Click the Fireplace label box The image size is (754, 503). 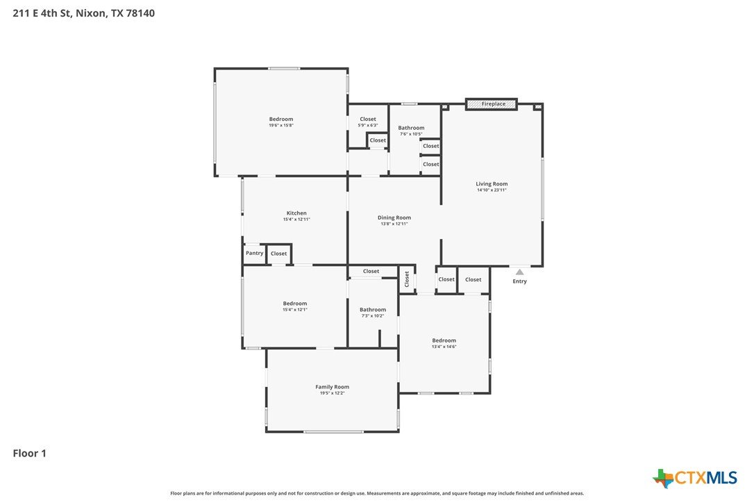(492, 104)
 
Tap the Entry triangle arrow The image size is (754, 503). (520, 272)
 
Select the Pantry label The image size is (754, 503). (254, 253)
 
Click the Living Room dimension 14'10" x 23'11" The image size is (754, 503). (492, 190)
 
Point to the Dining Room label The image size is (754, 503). (394, 217)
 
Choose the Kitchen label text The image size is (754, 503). (296, 213)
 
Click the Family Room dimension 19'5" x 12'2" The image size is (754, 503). (333, 393)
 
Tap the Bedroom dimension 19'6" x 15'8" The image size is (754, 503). (281, 125)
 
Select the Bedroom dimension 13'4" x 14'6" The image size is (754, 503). (444, 347)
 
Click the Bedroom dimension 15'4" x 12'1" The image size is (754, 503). (295, 309)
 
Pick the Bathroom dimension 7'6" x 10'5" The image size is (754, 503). (411, 134)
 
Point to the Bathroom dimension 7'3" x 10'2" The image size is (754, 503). (373, 315)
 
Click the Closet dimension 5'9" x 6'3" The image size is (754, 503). (368, 125)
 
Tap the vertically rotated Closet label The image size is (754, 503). (407, 279)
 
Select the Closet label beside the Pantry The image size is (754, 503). (279, 254)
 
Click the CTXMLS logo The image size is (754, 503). (695, 478)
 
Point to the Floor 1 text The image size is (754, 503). (29, 453)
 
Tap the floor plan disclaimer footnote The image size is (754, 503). (377, 493)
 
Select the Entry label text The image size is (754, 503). (520, 281)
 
